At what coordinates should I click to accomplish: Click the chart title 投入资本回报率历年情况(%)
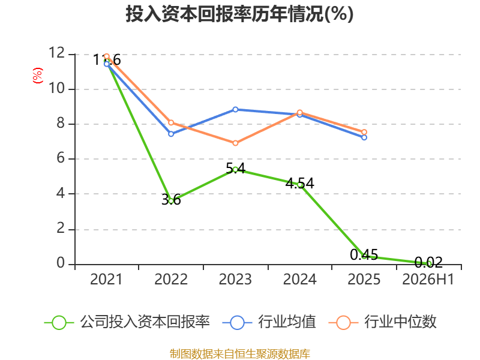click(x=239, y=14)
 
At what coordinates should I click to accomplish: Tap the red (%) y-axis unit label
click(x=38, y=76)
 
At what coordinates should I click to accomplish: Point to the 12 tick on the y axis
click(x=56, y=53)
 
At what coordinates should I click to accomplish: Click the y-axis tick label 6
click(x=61, y=158)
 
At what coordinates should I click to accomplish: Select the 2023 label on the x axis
click(x=235, y=279)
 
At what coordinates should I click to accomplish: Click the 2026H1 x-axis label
click(x=428, y=279)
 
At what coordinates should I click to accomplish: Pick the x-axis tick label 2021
click(x=106, y=279)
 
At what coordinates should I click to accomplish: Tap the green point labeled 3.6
click(x=171, y=201)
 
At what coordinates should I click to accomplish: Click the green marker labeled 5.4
click(x=235, y=169)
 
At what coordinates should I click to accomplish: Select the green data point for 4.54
click(x=299, y=185)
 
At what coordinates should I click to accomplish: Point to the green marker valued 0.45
click(x=364, y=256)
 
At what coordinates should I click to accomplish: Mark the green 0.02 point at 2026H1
click(x=428, y=263)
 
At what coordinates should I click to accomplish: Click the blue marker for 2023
click(x=235, y=110)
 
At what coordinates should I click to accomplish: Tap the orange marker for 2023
click(x=235, y=143)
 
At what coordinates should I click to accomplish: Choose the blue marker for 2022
click(x=171, y=134)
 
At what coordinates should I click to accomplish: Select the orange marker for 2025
click(x=364, y=132)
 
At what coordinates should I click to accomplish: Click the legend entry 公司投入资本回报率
click(x=127, y=322)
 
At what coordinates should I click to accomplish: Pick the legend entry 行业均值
click(x=269, y=322)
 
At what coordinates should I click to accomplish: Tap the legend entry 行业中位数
click(x=382, y=322)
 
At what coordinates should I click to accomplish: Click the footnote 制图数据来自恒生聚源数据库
click(x=240, y=354)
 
